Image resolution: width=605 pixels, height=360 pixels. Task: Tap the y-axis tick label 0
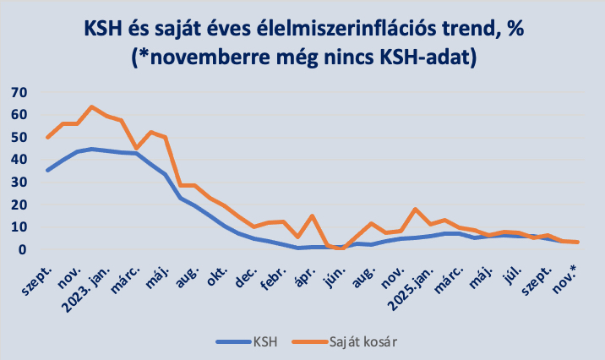click(25, 250)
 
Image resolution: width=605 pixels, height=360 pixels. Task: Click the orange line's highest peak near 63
click(92, 107)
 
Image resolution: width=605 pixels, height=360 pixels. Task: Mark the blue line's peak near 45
click(92, 149)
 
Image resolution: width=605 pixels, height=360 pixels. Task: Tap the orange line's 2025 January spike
click(415, 209)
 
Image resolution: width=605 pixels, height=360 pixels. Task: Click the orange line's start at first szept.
click(47, 137)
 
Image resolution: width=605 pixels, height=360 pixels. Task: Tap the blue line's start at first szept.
click(47, 170)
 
